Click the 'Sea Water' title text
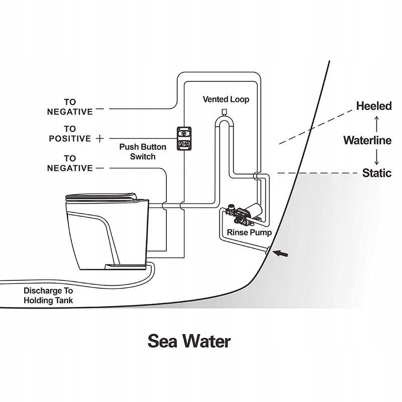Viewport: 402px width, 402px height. tap(189, 341)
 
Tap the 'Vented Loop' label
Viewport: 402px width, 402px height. tap(226, 99)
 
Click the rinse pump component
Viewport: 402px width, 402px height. tap(246, 213)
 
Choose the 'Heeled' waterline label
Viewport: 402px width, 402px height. tap(373, 106)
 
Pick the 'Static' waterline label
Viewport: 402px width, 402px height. tap(377, 173)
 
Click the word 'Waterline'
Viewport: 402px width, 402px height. tap(367, 140)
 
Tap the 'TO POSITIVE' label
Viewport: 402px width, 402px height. tap(70, 134)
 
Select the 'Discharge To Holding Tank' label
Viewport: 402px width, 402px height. tap(48, 295)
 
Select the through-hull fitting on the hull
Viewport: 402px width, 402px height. tap(268, 250)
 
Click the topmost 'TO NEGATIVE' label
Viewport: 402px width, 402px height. tap(70, 107)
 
